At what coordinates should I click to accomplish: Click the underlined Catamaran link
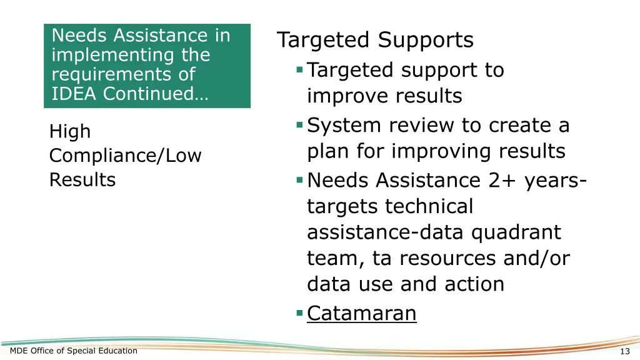[x=361, y=312]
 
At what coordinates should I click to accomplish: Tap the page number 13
[x=625, y=351]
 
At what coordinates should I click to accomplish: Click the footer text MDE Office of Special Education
[x=74, y=351]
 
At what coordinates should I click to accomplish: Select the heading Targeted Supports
[x=375, y=40]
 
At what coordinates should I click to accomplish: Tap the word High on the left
[x=70, y=131]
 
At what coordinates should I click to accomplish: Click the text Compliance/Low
[x=125, y=156]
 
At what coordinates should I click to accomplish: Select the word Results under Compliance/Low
[x=82, y=180]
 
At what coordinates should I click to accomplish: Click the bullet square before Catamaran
[x=300, y=312]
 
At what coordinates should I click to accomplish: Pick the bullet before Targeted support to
[x=300, y=69]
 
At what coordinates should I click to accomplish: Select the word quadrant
[x=516, y=232]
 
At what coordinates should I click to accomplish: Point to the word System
[x=344, y=126]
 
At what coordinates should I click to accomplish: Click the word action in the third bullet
[x=474, y=284]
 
